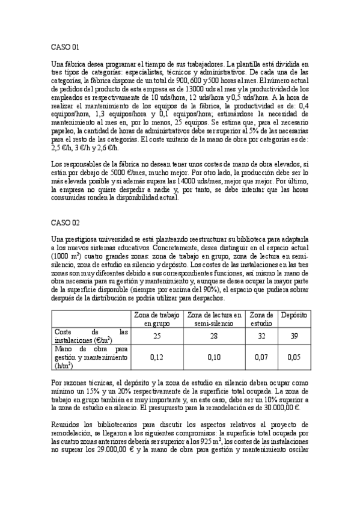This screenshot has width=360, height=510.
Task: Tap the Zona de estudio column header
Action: click(x=261, y=319)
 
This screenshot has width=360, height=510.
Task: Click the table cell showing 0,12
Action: click(x=156, y=357)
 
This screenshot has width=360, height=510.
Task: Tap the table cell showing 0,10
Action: click(x=215, y=357)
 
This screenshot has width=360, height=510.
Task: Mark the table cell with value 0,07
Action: click(x=261, y=357)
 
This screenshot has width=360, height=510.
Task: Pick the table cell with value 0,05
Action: click(x=294, y=357)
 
